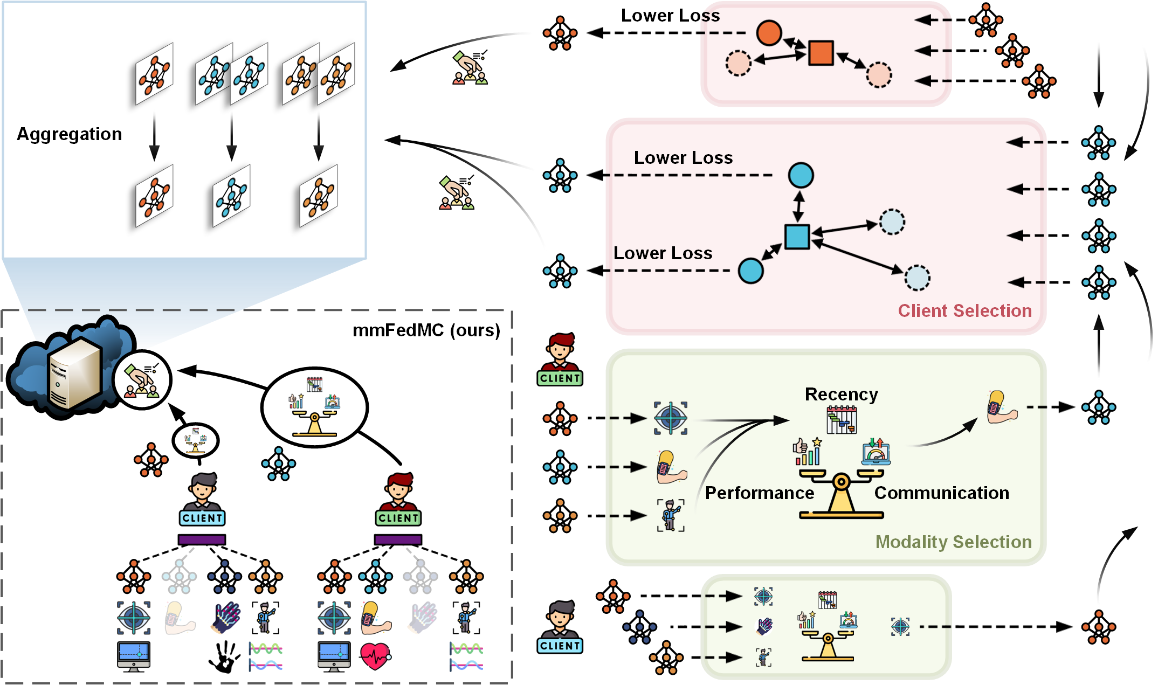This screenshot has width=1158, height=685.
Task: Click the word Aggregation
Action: pos(70,134)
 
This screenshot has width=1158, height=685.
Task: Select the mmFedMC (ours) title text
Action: pos(426,330)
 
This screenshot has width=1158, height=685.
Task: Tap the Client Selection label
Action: pos(964,310)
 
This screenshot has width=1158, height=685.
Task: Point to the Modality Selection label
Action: pos(953,542)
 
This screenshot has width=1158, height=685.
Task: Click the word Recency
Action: pos(841,394)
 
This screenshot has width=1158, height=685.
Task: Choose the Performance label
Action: pos(759,493)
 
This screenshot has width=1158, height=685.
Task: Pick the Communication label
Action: pos(941,493)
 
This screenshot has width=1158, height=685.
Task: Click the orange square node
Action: pos(821,53)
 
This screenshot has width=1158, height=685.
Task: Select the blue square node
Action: pos(797,237)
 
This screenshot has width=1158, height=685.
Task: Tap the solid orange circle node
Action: pos(769,33)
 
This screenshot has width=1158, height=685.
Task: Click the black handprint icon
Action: pos(224,656)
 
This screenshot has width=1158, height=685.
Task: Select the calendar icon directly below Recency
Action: pos(842,420)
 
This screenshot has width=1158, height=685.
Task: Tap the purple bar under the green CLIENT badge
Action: pos(398,539)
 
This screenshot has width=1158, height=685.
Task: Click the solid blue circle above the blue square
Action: pos(801,175)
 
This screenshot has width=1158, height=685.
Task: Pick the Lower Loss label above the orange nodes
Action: pos(670,15)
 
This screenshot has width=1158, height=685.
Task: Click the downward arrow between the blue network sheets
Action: pos(232,139)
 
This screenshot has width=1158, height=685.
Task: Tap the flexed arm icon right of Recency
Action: pos(1002,407)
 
